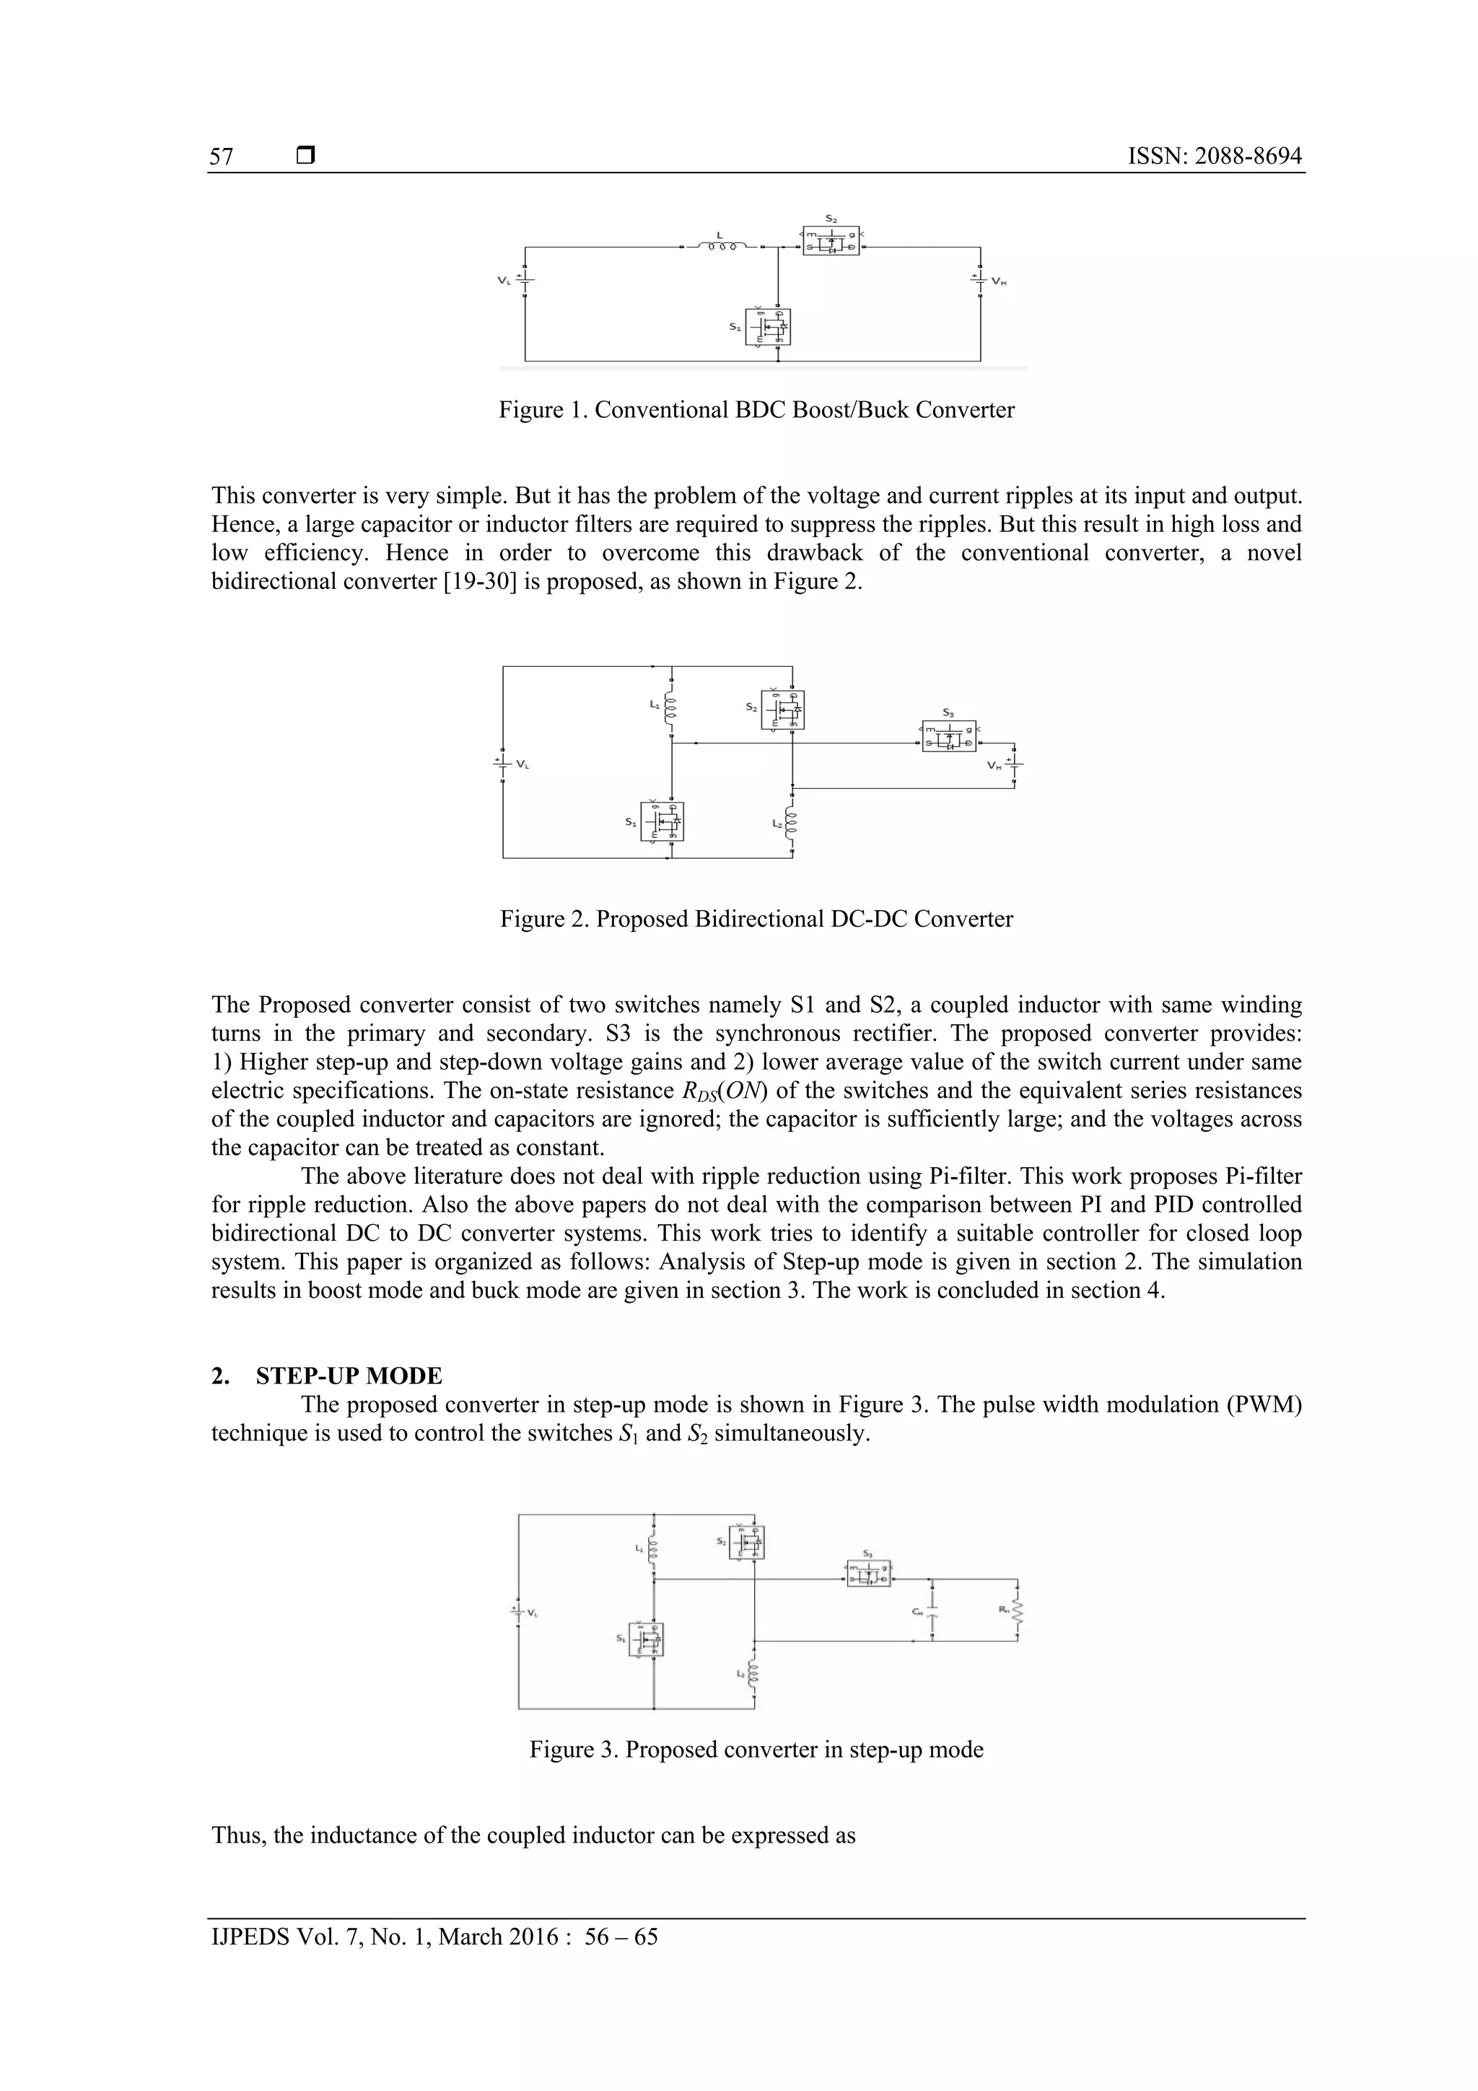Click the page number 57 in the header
pos(222,157)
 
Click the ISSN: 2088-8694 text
pos(1214,157)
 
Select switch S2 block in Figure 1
pos(831,240)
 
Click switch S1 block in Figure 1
pos(768,327)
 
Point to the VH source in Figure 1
pos(980,281)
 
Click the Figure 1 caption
pos(756,410)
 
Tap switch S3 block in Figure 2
pos(949,736)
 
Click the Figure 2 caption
pos(756,919)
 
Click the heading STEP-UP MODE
pos(349,1376)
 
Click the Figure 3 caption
pos(756,1750)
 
